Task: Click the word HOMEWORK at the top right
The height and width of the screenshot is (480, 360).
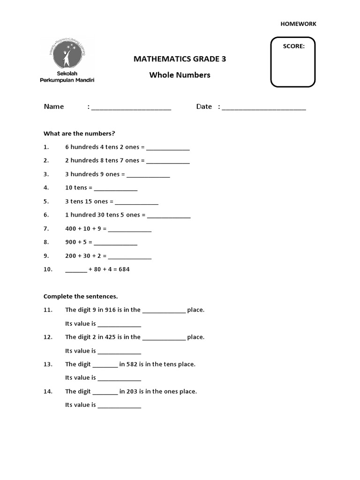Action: click(299, 24)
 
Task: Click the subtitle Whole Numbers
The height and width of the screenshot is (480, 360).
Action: click(180, 75)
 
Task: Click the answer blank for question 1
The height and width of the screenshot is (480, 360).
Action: click(168, 148)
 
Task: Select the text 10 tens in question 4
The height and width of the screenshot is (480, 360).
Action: click(75, 188)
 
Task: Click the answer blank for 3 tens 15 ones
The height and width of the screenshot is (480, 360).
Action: click(136, 202)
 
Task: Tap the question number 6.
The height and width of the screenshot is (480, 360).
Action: click(46, 215)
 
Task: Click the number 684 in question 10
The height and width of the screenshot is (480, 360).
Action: click(124, 270)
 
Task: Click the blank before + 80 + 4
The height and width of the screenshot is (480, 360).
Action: click(76, 270)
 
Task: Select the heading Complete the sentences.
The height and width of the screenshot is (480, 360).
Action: click(81, 296)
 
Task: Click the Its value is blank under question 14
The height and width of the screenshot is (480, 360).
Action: click(119, 406)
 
